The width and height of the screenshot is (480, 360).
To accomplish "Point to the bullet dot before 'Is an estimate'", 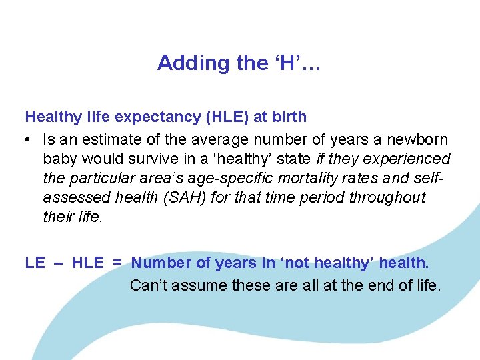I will [29, 141].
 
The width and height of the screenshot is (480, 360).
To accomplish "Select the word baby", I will [61, 159].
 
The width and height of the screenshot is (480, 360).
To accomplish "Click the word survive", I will [158, 159].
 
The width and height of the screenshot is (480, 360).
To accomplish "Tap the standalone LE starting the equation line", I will [35, 263].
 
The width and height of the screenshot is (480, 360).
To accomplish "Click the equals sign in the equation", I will [117, 263].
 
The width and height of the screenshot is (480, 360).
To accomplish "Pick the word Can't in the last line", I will [148, 285].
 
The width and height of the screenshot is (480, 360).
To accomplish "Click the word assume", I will [201, 285].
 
